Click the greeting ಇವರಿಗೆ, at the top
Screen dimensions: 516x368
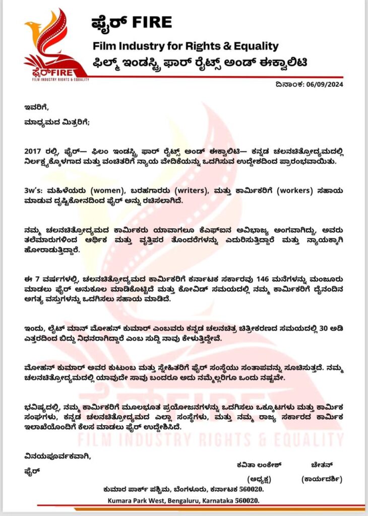coord(37,107)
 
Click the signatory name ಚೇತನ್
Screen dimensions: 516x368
coord(321,463)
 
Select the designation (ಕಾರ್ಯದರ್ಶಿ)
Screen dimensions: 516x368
coord(321,478)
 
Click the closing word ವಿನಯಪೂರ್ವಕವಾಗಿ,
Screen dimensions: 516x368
coord(57,457)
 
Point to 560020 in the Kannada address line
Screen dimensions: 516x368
coord(250,489)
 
